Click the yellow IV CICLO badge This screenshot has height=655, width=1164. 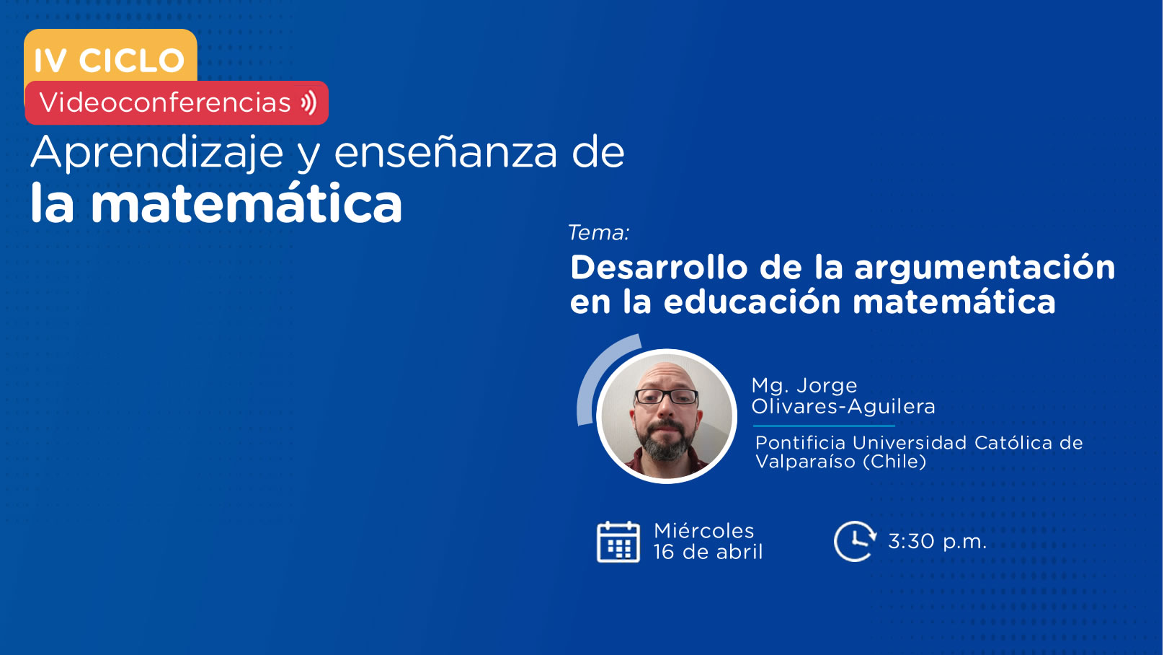[110, 56]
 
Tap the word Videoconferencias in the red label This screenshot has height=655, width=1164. [165, 102]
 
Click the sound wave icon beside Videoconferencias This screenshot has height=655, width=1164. [309, 102]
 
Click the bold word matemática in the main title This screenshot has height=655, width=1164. [246, 203]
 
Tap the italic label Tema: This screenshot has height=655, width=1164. [599, 232]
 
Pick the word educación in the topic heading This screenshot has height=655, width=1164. [752, 302]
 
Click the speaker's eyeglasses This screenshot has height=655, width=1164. [666, 397]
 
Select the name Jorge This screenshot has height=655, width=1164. [827, 386]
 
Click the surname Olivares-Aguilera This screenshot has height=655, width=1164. [843, 406]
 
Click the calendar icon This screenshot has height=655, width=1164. [618, 542]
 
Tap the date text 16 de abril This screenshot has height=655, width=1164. [708, 552]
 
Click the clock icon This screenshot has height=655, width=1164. [855, 541]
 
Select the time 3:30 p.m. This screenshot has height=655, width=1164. [937, 542]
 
